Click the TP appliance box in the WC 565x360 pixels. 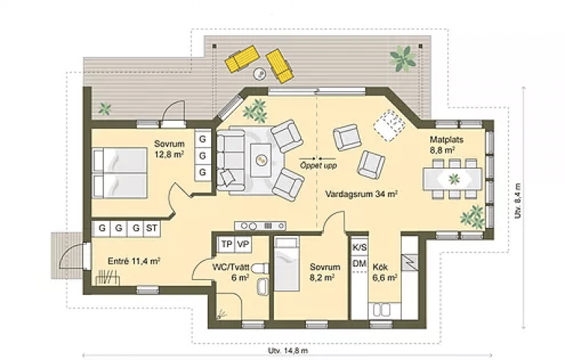point(226,244)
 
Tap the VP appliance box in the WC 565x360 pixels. point(243,244)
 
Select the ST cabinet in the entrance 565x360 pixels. point(152,228)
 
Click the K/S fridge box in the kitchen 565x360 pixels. point(359,247)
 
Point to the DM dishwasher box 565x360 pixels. point(359,264)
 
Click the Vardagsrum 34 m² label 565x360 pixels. point(361,194)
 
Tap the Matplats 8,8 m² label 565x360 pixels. point(446,145)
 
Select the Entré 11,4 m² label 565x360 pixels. point(134,261)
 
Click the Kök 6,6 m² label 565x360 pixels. point(385,272)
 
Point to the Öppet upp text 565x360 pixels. point(319,166)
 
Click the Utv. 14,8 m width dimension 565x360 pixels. point(288,351)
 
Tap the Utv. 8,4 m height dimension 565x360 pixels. point(518,201)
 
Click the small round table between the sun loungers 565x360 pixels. point(260,74)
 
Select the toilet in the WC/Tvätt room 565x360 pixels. point(260,268)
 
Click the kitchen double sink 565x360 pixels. point(381,310)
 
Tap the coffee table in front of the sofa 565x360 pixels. point(261,160)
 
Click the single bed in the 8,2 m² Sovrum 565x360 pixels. point(287,263)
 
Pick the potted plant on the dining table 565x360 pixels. point(454,179)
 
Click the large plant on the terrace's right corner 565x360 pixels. point(403,58)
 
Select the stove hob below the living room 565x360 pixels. point(260,226)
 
